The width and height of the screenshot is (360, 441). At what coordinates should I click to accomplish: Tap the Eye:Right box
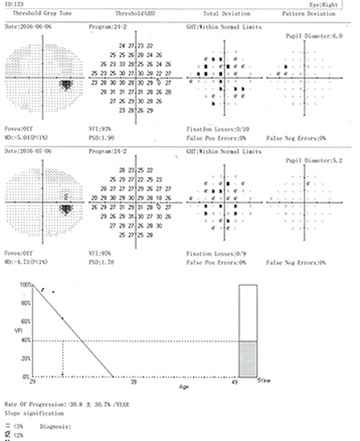[x=326, y=4]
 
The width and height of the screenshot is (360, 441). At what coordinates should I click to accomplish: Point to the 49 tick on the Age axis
[x=235, y=382]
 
